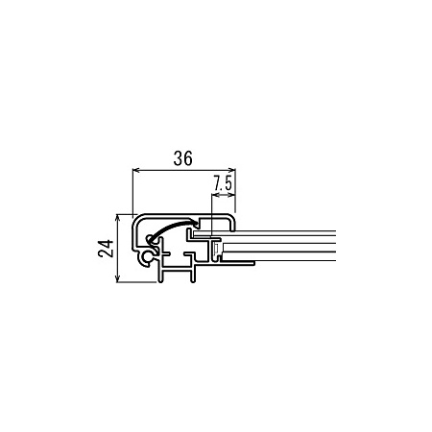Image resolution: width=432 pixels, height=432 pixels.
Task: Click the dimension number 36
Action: click(x=183, y=158)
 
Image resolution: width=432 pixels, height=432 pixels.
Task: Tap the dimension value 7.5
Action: click(x=223, y=183)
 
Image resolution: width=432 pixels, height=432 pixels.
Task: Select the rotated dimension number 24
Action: click(x=106, y=248)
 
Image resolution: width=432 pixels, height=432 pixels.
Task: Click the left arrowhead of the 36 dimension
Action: click(x=136, y=170)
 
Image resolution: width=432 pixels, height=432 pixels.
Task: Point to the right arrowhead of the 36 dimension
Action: click(x=232, y=170)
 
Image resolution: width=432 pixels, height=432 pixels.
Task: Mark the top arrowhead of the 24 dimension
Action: click(x=118, y=218)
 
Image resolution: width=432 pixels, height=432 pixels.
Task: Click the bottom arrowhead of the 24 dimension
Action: click(x=118, y=278)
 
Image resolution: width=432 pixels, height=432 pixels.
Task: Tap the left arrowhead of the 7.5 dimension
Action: click(x=215, y=195)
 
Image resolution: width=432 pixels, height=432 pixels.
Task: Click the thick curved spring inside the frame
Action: click(x=172, y=228)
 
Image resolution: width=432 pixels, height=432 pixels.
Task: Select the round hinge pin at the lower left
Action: click(x=148, y=256)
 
